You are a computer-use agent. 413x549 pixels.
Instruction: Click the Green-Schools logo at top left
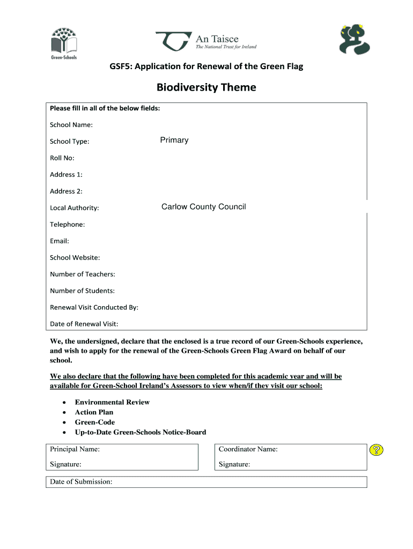coord(64,42)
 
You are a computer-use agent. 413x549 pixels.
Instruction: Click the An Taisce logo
coord(206,42)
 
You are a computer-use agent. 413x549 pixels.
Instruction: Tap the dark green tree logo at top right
coord(355,40)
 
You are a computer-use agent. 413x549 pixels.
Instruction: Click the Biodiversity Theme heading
coord(206,87)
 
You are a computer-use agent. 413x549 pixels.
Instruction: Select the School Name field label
coord(71,125)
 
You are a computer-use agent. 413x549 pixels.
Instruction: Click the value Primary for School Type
coord(174,140)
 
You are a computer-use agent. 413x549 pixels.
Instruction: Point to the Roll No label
coord(62,158)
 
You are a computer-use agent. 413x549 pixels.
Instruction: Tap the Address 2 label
coord(66,191)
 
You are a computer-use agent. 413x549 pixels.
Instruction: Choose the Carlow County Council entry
coord(203,207)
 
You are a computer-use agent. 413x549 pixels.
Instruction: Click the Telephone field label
coord(67,225)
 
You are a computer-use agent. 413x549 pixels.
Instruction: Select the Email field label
coord(60,241)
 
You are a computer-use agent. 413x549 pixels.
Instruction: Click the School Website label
coord(75,258)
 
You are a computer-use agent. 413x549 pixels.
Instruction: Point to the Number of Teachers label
coord(82,274)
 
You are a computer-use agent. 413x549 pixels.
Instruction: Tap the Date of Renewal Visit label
coord(84,324)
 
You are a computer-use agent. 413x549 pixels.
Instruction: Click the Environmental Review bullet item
coord(112,402)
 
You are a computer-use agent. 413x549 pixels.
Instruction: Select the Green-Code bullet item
coord(94,422)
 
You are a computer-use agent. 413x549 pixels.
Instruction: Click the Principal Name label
coord(75,449)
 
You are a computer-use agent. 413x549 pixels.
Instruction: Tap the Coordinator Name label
coord(248,449)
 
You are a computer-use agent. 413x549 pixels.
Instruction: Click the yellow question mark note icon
coord(377,450)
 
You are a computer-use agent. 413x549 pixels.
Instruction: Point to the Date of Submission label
coord(81,482)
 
